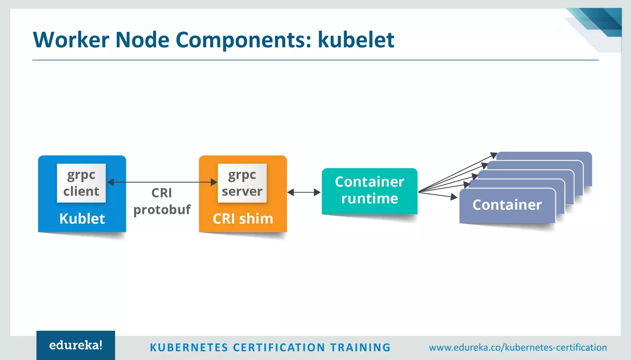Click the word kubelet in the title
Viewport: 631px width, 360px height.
coord(356,40)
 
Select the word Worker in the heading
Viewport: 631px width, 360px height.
coord(71,40)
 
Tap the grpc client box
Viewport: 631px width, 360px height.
coord(81,183)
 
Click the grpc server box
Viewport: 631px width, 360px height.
coord(242,183)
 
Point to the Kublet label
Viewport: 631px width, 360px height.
coord(82,219)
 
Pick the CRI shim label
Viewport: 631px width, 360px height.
coord(243,219)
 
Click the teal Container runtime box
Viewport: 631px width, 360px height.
coord(369,191)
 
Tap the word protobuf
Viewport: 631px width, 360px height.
coord(162,210)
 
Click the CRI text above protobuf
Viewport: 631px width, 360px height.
coord(162,193)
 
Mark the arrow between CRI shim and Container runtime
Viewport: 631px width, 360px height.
coord(304,192)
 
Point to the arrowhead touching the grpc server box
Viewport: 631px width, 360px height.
coord(214,182)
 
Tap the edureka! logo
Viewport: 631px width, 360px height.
coord(76,345)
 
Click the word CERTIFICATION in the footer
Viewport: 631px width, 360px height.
coord(279,347)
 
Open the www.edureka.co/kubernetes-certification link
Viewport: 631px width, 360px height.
coord(518,347)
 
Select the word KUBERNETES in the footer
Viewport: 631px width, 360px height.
coord(189,347)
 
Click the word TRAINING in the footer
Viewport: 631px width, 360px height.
coord(360,347)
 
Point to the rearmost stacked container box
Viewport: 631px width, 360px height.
coord(544,156)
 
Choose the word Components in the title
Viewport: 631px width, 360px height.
coord(243,40)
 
